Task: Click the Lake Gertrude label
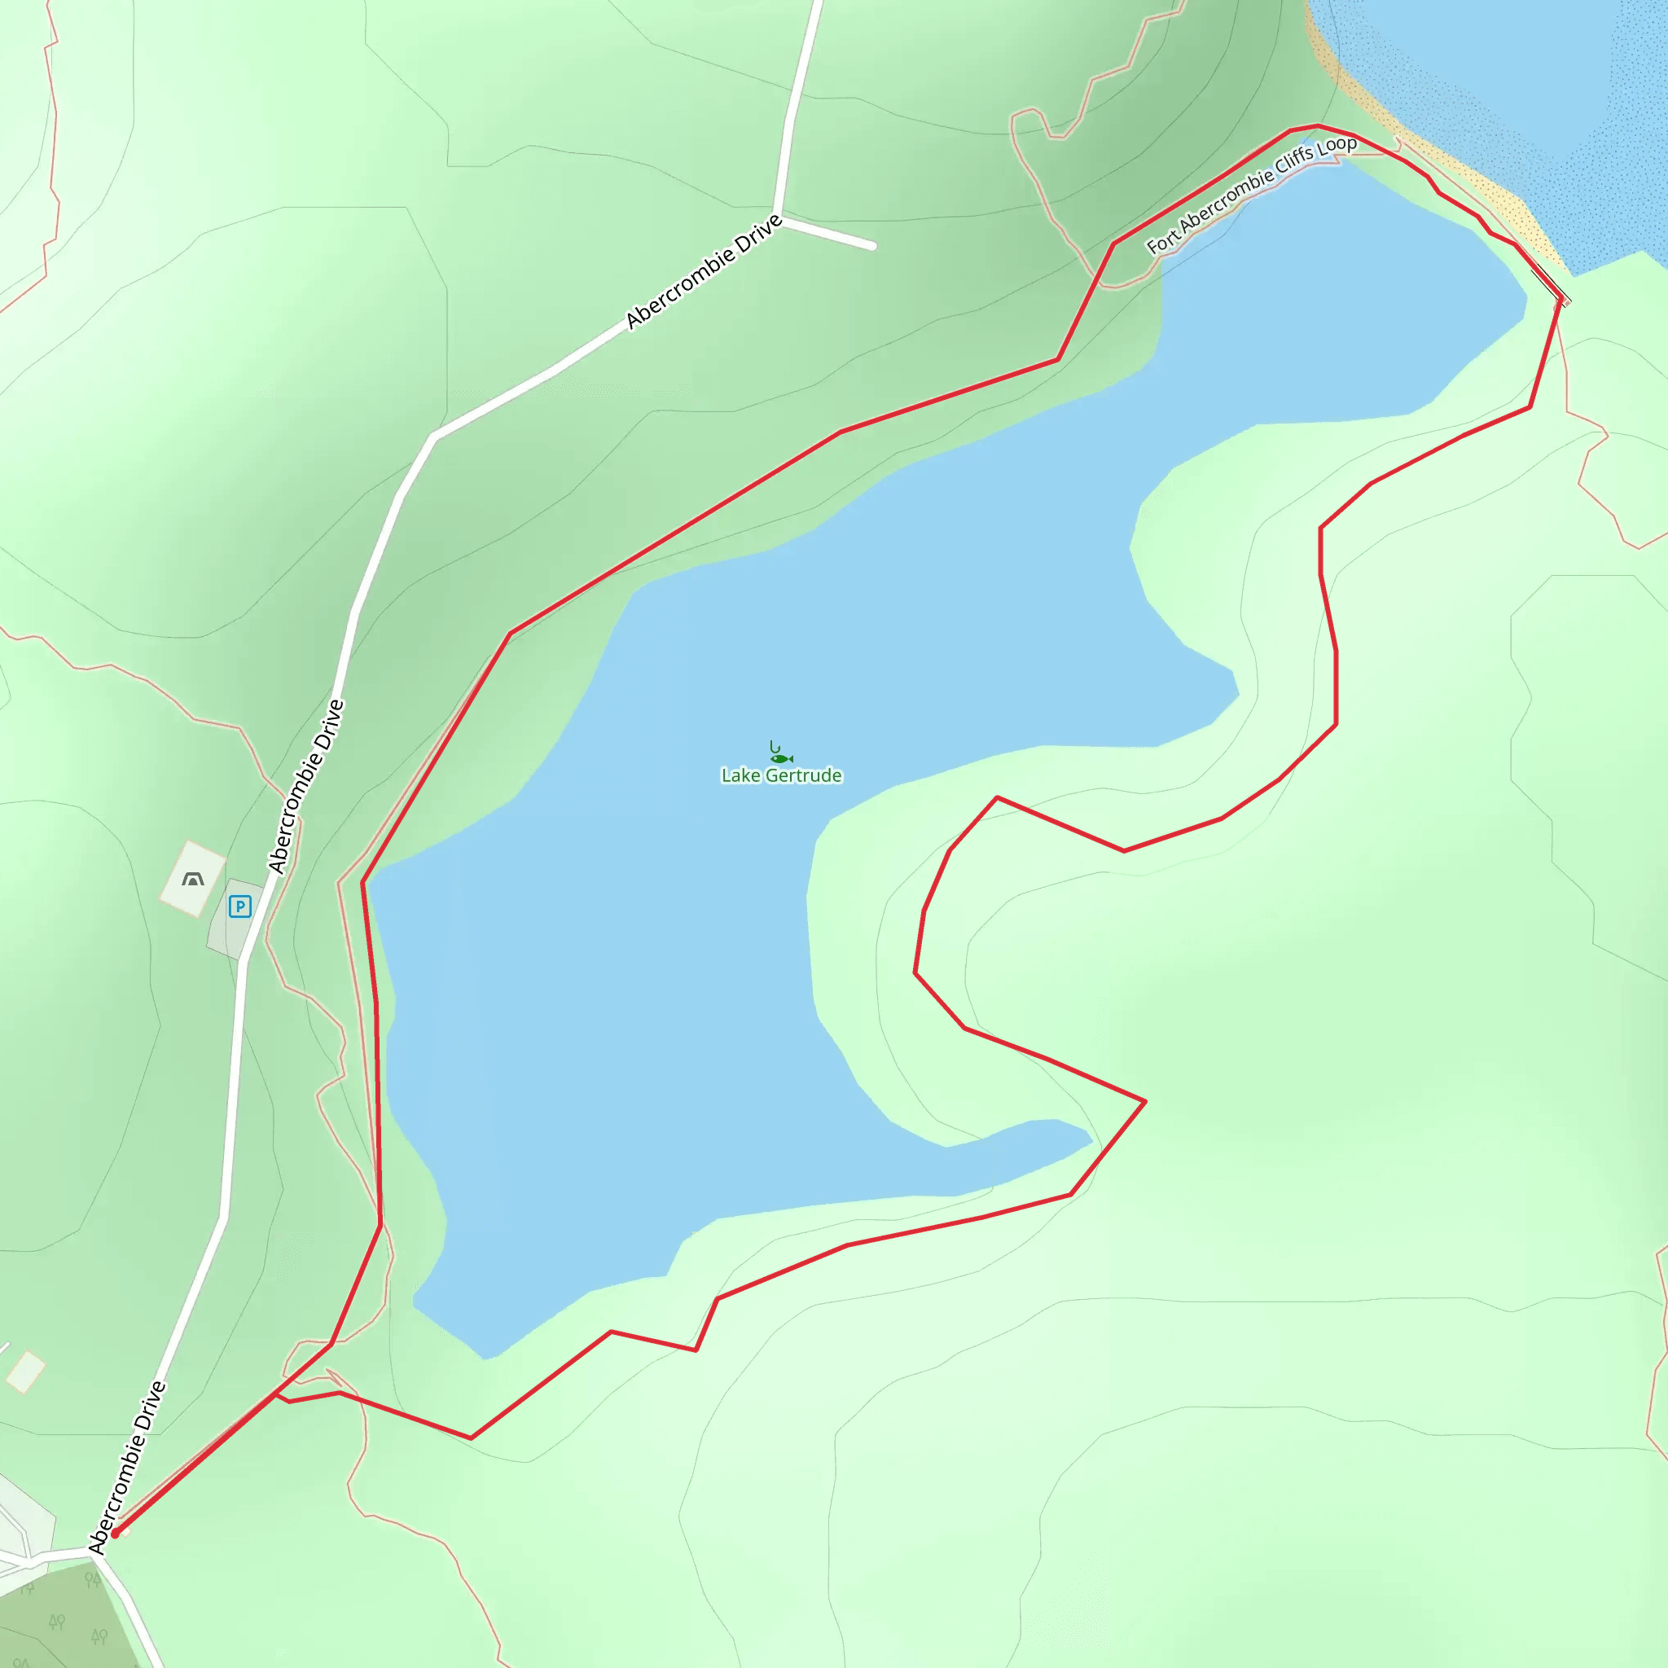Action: click(x=780, y=775)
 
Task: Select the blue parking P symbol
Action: click(x=240, y=906)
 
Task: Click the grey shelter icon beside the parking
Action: click(x=193, y=880)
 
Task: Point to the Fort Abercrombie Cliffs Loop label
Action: click(x=1251, y=195)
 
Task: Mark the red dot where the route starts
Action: click(x=115, y=1534)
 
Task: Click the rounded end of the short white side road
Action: click(x=872, y=246)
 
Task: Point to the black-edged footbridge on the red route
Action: click(x=1551, y=288)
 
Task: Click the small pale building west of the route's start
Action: click(x=26, y=1372)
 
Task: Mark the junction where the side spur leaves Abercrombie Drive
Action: click(x=779, y=215)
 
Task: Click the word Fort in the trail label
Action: click(x=1162, y=243)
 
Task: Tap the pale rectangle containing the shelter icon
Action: click(x=192, y=878)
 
